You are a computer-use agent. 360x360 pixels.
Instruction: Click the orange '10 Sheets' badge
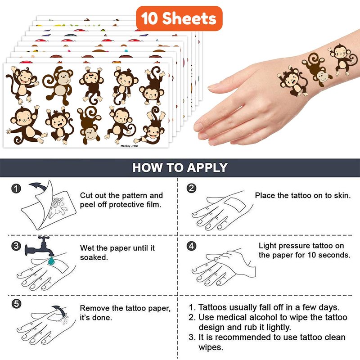point(179,18)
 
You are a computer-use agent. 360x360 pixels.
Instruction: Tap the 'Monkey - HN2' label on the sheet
point(129,146)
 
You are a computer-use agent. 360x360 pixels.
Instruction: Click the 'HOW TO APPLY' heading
point(180,167)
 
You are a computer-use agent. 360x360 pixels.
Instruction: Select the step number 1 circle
point(16,189)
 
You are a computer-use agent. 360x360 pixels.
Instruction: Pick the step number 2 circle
point(191,188)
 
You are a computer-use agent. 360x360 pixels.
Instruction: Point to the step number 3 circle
point(16,246)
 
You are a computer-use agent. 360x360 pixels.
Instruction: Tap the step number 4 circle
point(191,246)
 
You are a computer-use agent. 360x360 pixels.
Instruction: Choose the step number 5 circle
point(16,304)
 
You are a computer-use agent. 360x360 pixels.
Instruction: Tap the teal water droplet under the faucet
point(51,261)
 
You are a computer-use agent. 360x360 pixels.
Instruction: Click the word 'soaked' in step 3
point(93,257)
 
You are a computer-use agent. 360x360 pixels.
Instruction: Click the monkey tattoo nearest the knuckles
point(292,81)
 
